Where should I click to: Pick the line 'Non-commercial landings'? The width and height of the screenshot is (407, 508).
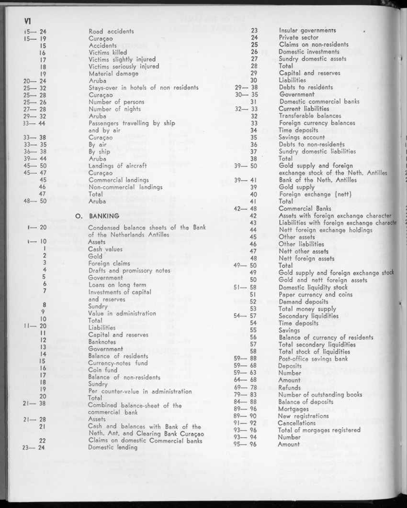125,187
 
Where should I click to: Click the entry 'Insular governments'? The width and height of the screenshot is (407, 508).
307,30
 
